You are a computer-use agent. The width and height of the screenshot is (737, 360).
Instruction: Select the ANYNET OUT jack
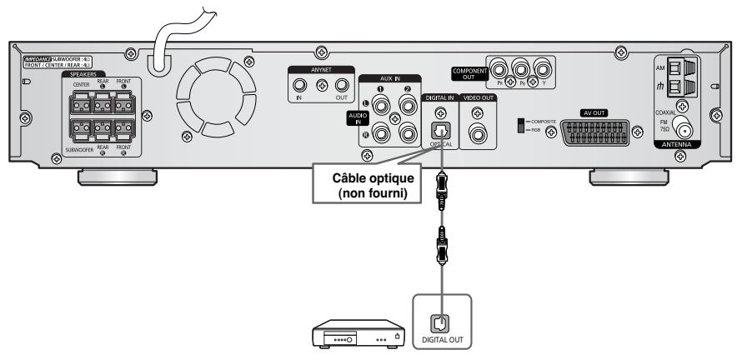tap(341, 85)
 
